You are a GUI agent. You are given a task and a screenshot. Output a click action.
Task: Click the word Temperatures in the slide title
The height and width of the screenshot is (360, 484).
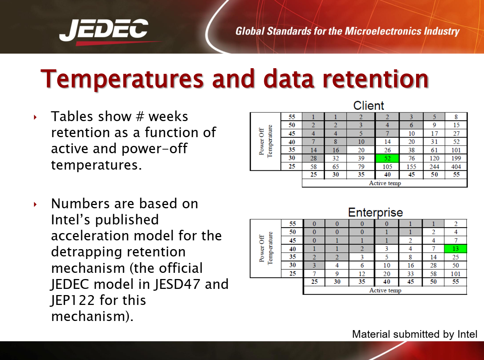click(x=122, y=79)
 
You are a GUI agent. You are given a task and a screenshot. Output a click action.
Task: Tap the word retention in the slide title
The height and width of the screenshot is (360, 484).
click(x=376, y=79)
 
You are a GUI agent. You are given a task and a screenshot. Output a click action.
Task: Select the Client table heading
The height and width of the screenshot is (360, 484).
click(x=368, y=106)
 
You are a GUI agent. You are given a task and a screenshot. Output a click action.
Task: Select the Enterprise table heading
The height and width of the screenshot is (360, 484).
click(x=375, y=213)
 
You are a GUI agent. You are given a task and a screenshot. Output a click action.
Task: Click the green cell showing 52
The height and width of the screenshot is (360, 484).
click(x=387, y=158)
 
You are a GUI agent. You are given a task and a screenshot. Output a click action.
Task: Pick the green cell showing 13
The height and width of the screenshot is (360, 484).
click(x=456, y=249)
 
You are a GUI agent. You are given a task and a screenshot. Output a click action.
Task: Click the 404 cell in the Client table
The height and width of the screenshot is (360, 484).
click(x=456, y=167)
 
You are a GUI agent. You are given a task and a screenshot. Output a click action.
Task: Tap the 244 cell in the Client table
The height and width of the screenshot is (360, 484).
click(x=434, y=167)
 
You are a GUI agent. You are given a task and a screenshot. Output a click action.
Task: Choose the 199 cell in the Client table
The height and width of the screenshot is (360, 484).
click(x=456, y=158)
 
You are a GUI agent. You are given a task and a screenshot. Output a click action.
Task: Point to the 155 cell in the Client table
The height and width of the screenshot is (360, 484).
click(x=411, y=167)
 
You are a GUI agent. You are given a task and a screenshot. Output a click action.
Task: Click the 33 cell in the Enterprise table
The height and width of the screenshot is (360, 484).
click(x=411, y=274)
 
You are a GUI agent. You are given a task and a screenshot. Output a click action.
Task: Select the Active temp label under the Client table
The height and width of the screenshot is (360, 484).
click(x=385, y=183)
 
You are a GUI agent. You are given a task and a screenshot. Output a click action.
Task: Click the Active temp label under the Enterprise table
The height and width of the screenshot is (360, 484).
click(x=385, y=290)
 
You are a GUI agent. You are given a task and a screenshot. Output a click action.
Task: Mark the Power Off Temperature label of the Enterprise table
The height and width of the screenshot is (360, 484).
click(x=266, y=248)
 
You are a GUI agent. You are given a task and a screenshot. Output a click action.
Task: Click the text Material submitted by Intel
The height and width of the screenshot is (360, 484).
click(x=415, y=334)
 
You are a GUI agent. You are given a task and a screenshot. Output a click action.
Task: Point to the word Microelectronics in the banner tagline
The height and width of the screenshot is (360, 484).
click(x=383, y=31)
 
